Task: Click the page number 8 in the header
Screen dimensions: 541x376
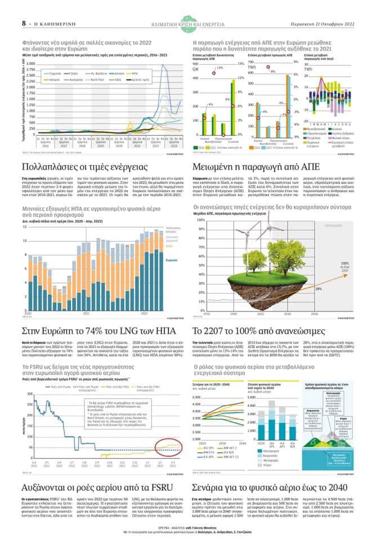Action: click(24, 23)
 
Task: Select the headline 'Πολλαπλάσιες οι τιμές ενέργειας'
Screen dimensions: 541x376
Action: click(84, 167)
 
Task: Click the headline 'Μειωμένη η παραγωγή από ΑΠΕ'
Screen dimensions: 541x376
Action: click(256, 167)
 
